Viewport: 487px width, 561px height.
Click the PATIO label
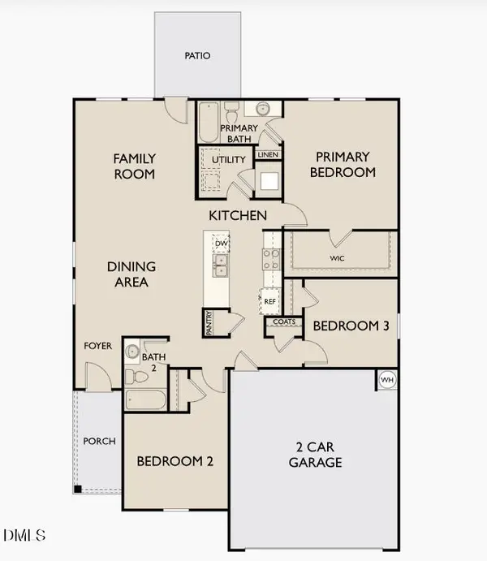[197, 56]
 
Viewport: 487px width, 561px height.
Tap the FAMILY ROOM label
[134, 166]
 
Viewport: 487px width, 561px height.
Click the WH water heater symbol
[387, 379]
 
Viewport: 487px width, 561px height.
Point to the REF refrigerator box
[270, 300]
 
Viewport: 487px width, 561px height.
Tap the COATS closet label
[283, 321]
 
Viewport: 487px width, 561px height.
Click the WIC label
[339, 258]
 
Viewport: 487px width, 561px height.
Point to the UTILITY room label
[228, 159]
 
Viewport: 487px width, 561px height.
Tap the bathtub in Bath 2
[146, 400]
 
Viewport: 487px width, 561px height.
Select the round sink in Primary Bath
[263, 109]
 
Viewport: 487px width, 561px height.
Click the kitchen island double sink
[220, 265]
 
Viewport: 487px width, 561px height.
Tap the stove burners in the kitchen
[270, 258]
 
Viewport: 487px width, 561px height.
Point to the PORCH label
[100, 442]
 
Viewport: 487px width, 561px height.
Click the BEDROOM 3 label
[351, 326]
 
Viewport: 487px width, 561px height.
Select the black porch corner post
[78, 489]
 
